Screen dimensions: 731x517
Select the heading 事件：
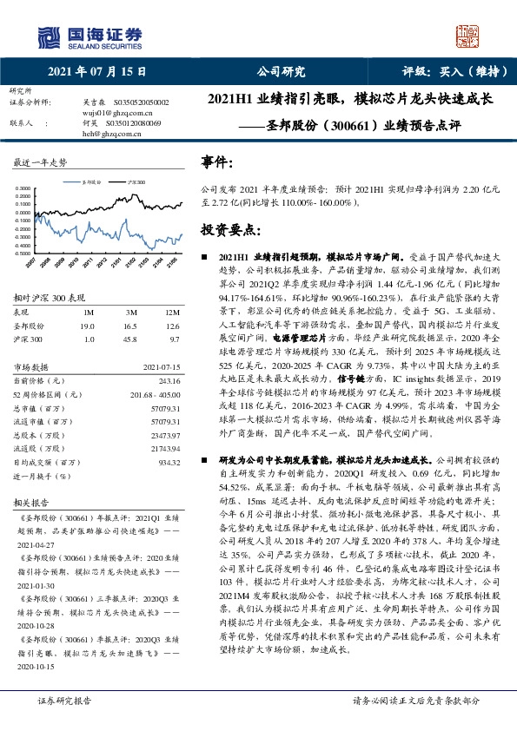click(x=217, y=163)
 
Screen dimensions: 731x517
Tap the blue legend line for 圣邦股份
click(x=73, y=182)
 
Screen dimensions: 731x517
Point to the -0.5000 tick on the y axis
click(x=24, y=252)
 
